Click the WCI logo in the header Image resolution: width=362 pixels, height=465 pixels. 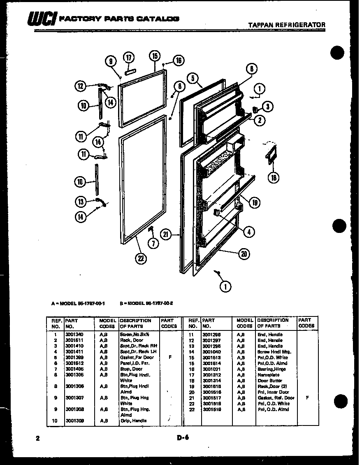point(42,19)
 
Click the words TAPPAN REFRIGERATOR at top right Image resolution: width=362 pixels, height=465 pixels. point(287,25)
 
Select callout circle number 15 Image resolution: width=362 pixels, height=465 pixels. point(154,56)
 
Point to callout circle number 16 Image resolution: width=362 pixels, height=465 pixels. point(178,60)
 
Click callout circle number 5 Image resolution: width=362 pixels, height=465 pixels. point(192,78)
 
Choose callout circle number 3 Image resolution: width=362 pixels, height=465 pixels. point(267,107)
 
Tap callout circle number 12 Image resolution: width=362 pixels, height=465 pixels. point(80,86)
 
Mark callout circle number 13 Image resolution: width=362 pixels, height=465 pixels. point(81,201)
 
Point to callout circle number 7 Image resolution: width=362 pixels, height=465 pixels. point(153,243)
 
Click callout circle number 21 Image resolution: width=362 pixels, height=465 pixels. point(166,235)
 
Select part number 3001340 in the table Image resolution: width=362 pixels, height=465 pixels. point(74,335)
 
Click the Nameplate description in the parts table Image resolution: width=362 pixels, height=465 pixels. point(269,375)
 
